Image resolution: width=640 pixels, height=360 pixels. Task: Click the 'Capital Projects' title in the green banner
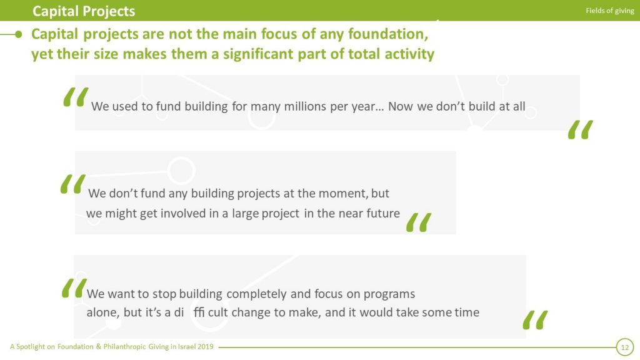pos(84,11)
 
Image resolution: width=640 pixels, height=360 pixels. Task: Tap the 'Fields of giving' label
pos(610,11)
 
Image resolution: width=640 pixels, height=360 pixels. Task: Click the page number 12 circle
pos(625,347)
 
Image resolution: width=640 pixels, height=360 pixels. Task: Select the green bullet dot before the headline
pos(18,35)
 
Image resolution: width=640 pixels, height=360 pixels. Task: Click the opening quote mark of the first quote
pos(76,97)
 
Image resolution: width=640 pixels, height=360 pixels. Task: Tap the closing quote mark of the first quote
pos(581,129)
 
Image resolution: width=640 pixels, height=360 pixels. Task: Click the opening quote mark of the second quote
pos(73,184)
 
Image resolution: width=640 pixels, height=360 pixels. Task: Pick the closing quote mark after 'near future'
pos(419,222)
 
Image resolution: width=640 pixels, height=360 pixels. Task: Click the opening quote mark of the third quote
pos(75,288)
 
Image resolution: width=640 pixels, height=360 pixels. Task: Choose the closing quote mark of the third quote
pos(536,320)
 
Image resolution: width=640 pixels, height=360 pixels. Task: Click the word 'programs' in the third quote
pos(389,295)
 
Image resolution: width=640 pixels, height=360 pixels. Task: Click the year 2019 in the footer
pos(205,346)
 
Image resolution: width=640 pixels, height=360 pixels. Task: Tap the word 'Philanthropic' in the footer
pos(124,347)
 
